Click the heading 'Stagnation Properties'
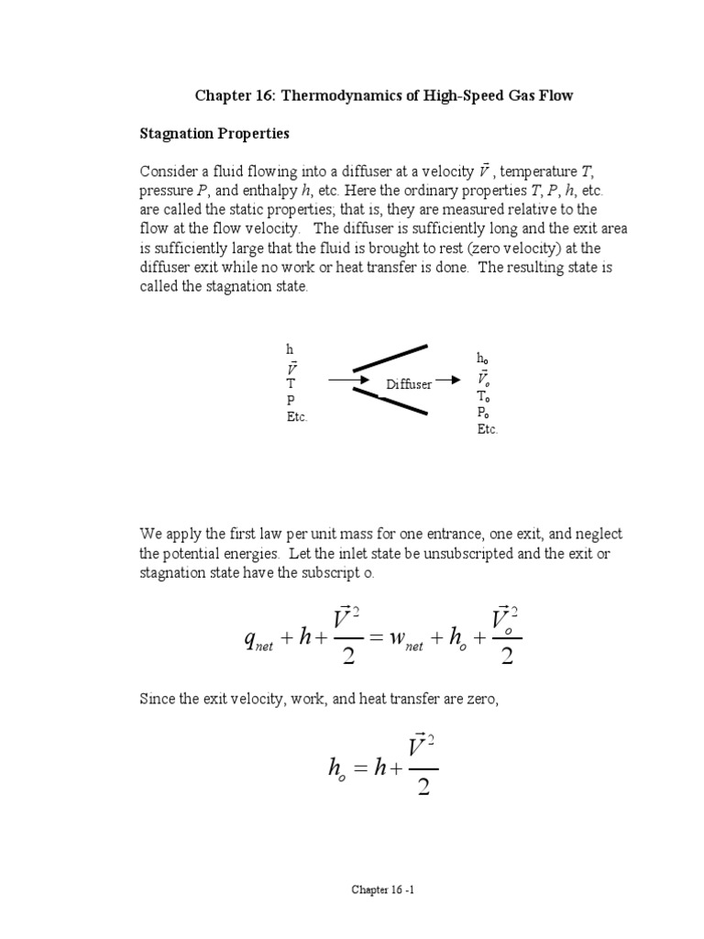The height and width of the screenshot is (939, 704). click(x=214, y=134)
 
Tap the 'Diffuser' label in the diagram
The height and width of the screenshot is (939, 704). click(x=409, y=384)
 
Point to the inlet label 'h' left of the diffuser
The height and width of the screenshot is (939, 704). click(x=290, y=350)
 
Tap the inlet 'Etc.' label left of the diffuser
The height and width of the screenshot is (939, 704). click(x=297, y=416)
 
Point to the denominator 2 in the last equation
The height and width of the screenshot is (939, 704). click(x=423, y=787)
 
